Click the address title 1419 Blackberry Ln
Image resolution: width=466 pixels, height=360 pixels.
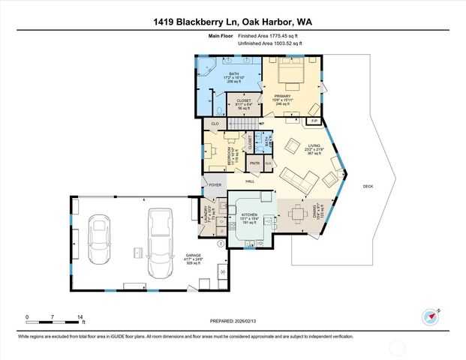tap(233, 22)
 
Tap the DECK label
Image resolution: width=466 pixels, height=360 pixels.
tap(368, 186)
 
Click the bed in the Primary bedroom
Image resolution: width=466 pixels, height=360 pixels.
tap(288, 74)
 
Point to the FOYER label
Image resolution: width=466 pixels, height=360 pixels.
tap(215, 184)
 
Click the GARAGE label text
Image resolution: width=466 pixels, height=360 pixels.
tap(193, 256)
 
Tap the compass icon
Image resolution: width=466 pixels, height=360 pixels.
tap(430, 316)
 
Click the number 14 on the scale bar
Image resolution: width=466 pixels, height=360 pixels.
tap(80, 317)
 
